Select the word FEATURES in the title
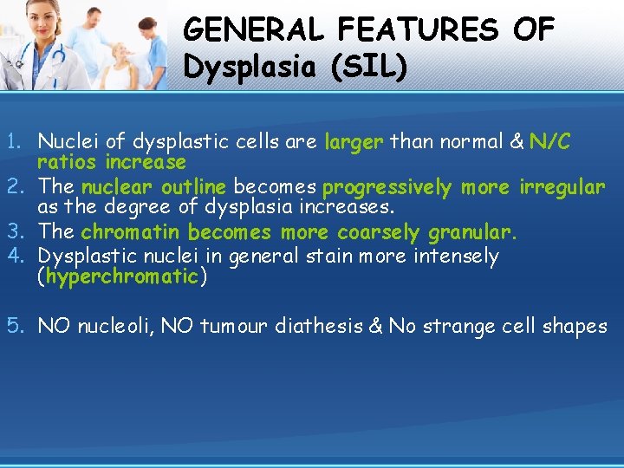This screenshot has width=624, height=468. (418, 30)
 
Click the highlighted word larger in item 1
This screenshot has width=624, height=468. (354, 142)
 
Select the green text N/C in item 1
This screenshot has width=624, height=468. (549, 142)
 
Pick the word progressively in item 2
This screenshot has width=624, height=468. (387, 187)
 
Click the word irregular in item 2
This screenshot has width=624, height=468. (562, 187)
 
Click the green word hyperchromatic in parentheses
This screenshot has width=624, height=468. (122, 276)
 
